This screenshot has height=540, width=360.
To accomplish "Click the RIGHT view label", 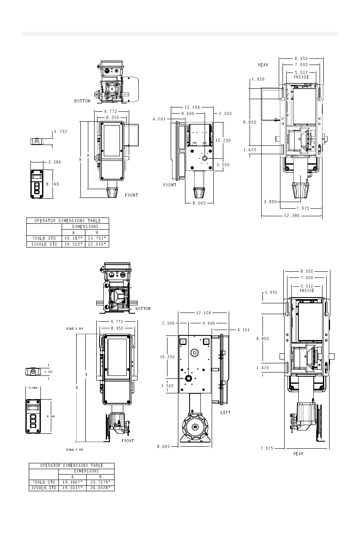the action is pos(170,185).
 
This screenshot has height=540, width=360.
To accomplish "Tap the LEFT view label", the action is pos(225,412).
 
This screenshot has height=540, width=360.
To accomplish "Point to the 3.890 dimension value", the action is pos(270,202).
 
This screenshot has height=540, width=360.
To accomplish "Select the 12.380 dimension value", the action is pos(292,215).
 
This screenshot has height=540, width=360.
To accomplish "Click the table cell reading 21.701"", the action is pos(97,238).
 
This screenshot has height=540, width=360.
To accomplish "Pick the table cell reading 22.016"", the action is pos(97,244).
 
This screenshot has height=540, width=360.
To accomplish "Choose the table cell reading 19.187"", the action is pos(74,238).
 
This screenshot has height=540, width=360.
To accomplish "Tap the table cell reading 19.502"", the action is pos(74,244).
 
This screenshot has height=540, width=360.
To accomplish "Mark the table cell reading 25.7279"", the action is pos(100,482).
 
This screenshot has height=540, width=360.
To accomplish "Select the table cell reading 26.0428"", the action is pos(100,488).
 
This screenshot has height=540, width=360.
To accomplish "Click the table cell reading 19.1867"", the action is pos(72,482).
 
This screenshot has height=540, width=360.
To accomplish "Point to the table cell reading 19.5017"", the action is pos(72,488).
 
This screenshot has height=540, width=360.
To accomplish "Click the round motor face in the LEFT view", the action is pos(195,427).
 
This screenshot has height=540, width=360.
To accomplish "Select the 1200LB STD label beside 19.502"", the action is pos(44,244).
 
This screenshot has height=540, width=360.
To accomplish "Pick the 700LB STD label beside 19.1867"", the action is pos(44,482).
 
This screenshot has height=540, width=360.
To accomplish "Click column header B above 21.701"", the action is pos(97,232).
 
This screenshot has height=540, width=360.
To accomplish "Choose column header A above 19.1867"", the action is pos(72,477).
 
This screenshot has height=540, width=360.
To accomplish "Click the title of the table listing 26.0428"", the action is pos(72,465).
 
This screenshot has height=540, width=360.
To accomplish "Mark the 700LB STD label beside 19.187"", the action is pos(44,238).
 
